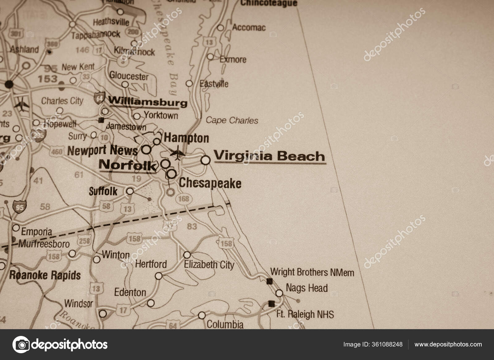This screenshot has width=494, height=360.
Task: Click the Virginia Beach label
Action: tap(269, 156)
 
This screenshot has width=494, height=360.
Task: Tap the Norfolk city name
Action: tap(127, 166)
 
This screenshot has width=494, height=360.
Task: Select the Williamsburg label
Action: tap(148, 101)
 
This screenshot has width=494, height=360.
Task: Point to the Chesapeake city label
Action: tap(210, 183)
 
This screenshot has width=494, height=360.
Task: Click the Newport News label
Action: tap(103, 151)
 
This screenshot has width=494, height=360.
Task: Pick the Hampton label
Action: tap(186, 138)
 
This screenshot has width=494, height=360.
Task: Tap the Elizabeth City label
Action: tap(209, 265)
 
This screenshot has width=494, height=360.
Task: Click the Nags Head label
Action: tap(307, 288)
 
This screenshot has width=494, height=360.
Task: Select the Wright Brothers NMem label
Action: tap(312, 272)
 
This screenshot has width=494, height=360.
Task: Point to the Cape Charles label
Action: tap(232, 120)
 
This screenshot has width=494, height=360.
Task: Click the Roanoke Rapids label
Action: tap(45, 275)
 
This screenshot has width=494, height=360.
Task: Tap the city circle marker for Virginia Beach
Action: tap(206, 160)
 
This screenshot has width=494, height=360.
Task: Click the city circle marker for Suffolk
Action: tap(130, 191)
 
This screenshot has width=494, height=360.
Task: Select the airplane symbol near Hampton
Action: tap(178, 153)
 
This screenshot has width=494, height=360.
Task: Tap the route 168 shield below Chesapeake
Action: tap(183, 199)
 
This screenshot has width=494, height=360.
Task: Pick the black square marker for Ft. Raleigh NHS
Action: tap(272, 304)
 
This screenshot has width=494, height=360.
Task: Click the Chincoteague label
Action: tap(269, 3)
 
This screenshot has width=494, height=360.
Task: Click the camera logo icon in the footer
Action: tap(21, 344)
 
